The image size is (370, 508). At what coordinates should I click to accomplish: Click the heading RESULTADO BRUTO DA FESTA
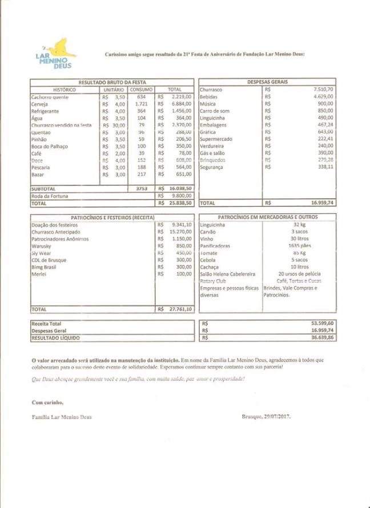pyautogui.click(x=112, y=82)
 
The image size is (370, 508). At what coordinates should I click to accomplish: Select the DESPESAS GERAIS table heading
pyautogui.click(x=267, y=82)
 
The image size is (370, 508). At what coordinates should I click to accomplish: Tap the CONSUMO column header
pyautogui.click(x=141, y=90)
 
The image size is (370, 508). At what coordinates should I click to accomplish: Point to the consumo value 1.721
pyautogui.click(x=142, y=104)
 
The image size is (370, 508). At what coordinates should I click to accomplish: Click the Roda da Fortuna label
pyautogui.click(x=50, y=195)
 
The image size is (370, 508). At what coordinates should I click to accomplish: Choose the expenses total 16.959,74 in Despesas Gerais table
pyautogui.click(x=323, y=202)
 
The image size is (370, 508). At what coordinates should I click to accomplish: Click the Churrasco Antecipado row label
pyautogui.click(x=55, y=232)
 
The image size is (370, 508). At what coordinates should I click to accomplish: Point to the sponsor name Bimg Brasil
pyautogui.click(x=46, y=267)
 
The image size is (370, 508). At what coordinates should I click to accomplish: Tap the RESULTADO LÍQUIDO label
pyautogui.click(x=56, y=338)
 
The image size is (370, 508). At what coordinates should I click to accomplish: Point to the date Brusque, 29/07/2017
pyautogui.click(x=267, y=417)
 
